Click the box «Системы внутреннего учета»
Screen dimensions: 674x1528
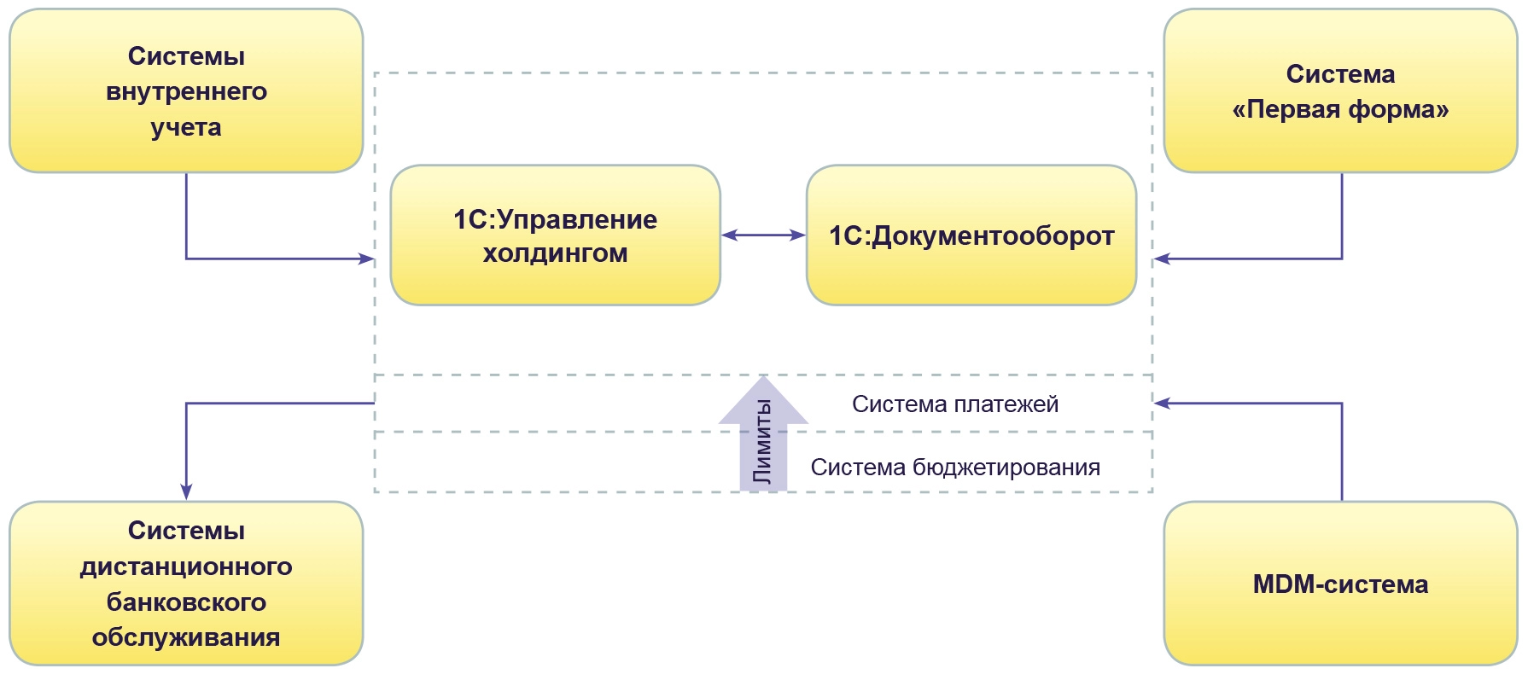[186, 90]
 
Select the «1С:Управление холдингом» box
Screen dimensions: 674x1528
[555, 235]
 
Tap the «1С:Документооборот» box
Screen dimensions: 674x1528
[971, 235]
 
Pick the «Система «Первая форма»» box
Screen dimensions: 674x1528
[1340, 90]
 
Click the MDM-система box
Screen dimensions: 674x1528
[1340, 584]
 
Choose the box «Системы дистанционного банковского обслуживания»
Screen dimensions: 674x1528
[186, 584]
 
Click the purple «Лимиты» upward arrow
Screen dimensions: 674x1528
[763, 435]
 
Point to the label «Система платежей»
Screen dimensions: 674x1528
[955, 404]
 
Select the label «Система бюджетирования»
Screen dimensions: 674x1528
[955, 468]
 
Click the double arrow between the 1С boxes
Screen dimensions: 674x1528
[763, 235]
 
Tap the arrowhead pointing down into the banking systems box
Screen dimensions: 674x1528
[186, 492]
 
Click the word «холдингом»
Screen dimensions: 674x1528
[555, 253]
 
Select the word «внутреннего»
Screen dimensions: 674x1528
[186, 91]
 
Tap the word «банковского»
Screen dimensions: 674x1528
[186, 602]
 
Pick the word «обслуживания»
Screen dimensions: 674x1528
[186, 637]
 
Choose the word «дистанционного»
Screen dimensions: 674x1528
[186, 567]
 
